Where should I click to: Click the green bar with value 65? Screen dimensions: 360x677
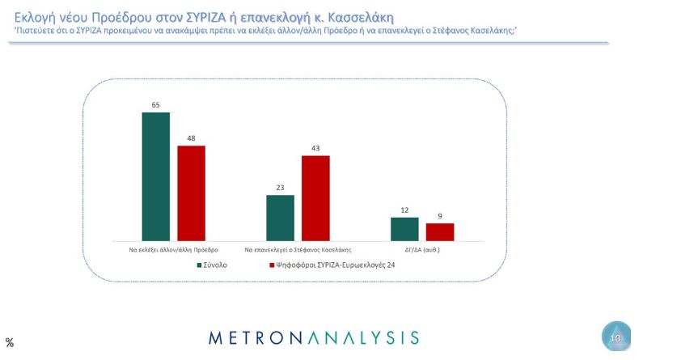[x=155, y=176]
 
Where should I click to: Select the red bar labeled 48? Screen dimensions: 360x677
[x=192, y=193]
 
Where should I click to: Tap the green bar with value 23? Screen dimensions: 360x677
[x=280, y=218]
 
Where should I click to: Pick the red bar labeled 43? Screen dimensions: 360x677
[x=315, y=198]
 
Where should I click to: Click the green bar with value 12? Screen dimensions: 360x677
[x=404, y=229]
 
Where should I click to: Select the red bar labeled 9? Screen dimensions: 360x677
[x=440, y=231]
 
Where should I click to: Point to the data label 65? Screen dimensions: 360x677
[x=155, y=104]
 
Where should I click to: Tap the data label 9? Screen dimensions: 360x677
[x=440, y=215]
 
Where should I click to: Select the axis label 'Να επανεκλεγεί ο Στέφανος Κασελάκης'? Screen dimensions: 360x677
[x=298, y=249]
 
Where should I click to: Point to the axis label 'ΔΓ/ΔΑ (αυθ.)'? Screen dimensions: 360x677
[x=421, y=249]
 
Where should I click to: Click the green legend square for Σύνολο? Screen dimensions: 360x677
[x=199, y=265]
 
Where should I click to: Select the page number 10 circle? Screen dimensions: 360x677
[x=616, y=337]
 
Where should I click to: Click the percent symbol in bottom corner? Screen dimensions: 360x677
[x=10, y=343]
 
